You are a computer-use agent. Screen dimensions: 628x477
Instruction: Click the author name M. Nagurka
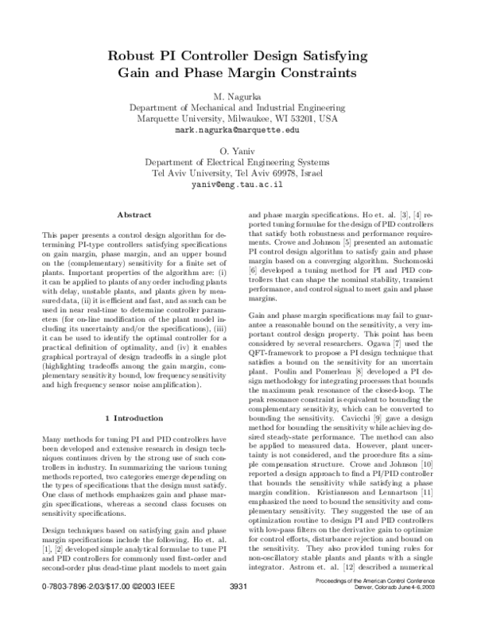point(238,95)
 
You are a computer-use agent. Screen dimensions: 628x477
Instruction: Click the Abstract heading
point(134,215)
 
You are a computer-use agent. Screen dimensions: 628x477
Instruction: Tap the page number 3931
point(238,610)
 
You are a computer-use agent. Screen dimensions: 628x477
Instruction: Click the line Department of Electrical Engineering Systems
point(238,161)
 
